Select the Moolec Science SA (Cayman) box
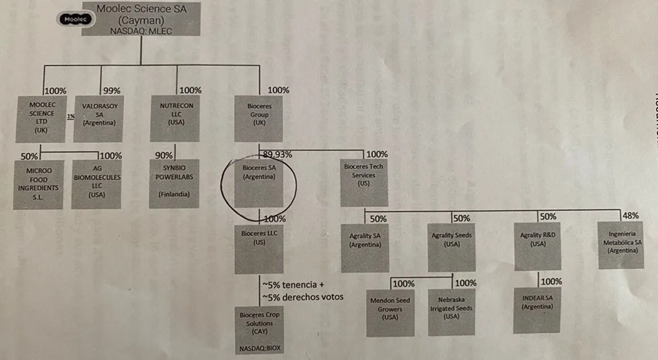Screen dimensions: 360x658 click(141, 19)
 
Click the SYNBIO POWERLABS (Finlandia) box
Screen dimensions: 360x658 click(175, 184)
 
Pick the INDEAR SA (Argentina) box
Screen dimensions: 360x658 click(537, 310)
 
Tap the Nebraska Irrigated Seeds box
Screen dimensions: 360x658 click(451, 312)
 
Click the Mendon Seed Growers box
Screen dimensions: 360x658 click(390, 312)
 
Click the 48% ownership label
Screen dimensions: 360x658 click(630, 215)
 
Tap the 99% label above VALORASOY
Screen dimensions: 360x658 click(111, 90)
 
